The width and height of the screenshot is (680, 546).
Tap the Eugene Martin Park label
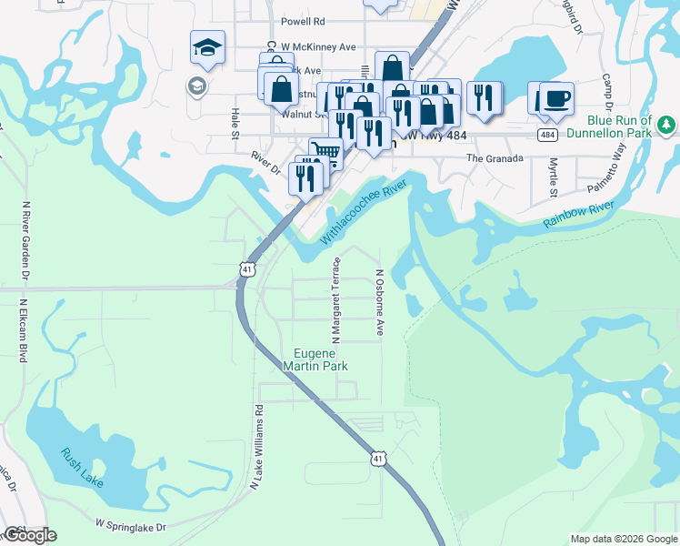click(322, 359)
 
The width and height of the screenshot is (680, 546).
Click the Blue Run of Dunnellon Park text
click(620, 126)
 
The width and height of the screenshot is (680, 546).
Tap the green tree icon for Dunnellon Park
click(666, 122)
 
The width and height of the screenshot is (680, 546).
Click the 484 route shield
click(546, 135)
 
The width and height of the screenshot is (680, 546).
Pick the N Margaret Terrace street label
click(335, 288)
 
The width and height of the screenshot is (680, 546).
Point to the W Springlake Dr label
click(131, 526)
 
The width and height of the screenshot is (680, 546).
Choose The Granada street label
click(495, 158)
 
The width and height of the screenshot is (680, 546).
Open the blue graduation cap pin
click(207, 47)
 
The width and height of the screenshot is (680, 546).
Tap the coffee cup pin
click(555, 97)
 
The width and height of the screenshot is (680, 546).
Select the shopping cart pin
click(325, 153)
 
